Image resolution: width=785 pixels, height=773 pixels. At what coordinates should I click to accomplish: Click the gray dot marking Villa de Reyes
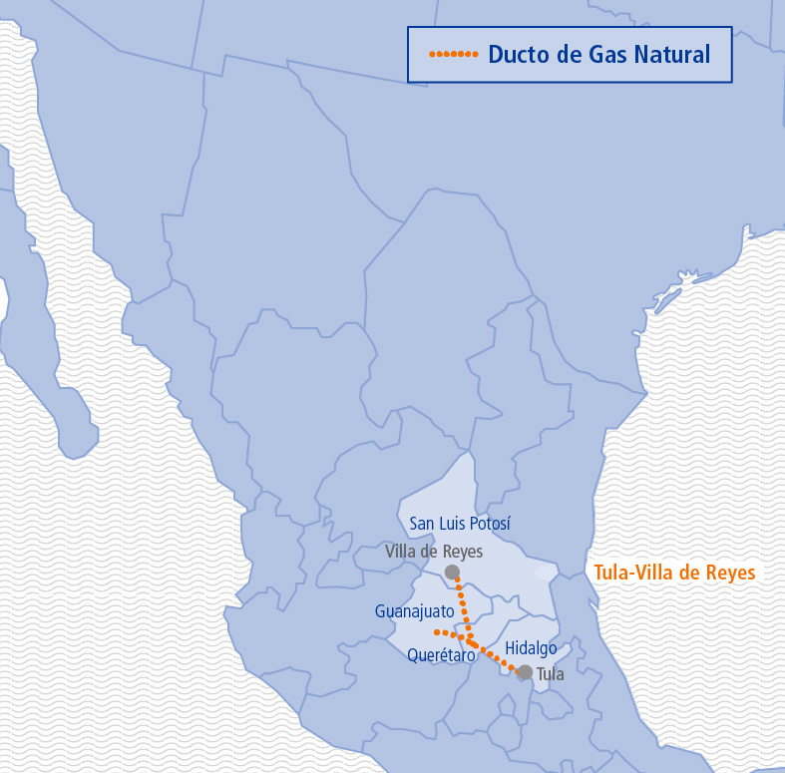point(452,572)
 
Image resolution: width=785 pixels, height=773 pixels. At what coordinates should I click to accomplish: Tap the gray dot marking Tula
point(525,672)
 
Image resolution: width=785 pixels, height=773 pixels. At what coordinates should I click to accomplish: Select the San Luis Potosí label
point(460,524)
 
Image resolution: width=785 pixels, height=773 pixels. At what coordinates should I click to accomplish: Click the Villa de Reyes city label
point(434,552)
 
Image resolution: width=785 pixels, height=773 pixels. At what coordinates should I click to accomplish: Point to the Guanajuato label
point(415,610)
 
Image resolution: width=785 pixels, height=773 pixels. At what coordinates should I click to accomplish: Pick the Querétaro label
point(441,655)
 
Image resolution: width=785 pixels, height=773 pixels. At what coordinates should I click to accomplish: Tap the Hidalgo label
point(531,648)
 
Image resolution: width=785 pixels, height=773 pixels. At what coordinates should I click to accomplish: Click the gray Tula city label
point(551,674)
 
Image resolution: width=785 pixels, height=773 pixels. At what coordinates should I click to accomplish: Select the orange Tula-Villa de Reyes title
point(674,573)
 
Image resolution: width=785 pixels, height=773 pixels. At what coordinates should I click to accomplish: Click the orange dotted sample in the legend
point(453,54)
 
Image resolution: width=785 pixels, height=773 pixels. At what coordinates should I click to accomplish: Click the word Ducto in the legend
point(516,54)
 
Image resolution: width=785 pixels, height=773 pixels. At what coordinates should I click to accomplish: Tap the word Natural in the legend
point(674,54)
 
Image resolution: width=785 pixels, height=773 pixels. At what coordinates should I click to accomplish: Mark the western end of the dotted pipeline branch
point(437,631)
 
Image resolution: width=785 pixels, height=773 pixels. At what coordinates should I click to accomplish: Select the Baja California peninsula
point(45,329)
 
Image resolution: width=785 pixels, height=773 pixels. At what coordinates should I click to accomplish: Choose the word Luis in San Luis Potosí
point(455,524)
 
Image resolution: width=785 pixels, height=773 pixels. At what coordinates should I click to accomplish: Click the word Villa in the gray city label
point(402,552)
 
